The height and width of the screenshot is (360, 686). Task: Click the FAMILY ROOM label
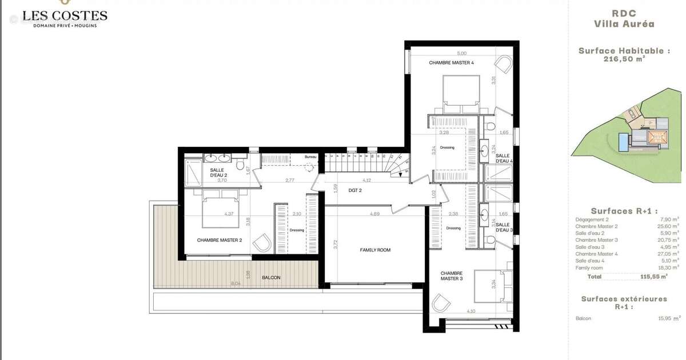pos(376,250)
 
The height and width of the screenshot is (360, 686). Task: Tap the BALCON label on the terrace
pos(271,278)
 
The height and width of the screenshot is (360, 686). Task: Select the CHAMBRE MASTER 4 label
pos(452,63)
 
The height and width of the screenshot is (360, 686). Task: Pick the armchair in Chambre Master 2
pos(262,242)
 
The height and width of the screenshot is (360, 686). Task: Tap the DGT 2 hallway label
pos(356,190)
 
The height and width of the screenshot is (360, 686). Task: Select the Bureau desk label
pos(310,157)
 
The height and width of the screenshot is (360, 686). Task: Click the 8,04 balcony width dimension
pos(235,283)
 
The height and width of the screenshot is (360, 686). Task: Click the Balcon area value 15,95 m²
pos(668,318)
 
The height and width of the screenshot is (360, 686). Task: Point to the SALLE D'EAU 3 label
pos(504,226)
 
